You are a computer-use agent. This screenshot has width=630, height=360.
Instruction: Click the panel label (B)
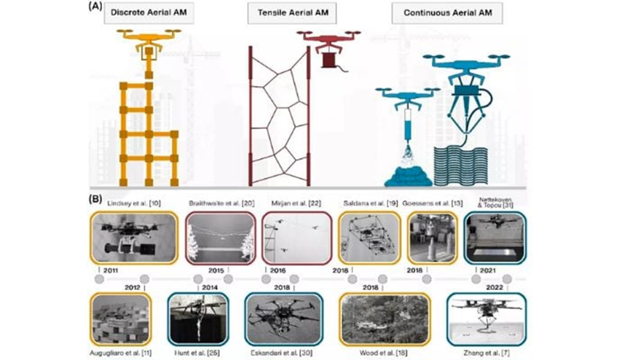click(93, 197)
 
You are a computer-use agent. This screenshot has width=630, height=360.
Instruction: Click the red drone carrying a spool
click(328, 48)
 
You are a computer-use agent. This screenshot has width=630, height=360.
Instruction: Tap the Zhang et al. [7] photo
click(486, 319)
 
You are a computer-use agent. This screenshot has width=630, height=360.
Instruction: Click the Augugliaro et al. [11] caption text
click(120, 353)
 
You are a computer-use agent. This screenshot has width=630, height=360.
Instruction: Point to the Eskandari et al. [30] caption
click(281, 353)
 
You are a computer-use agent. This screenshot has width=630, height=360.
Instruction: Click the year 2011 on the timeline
click(111, 270)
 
